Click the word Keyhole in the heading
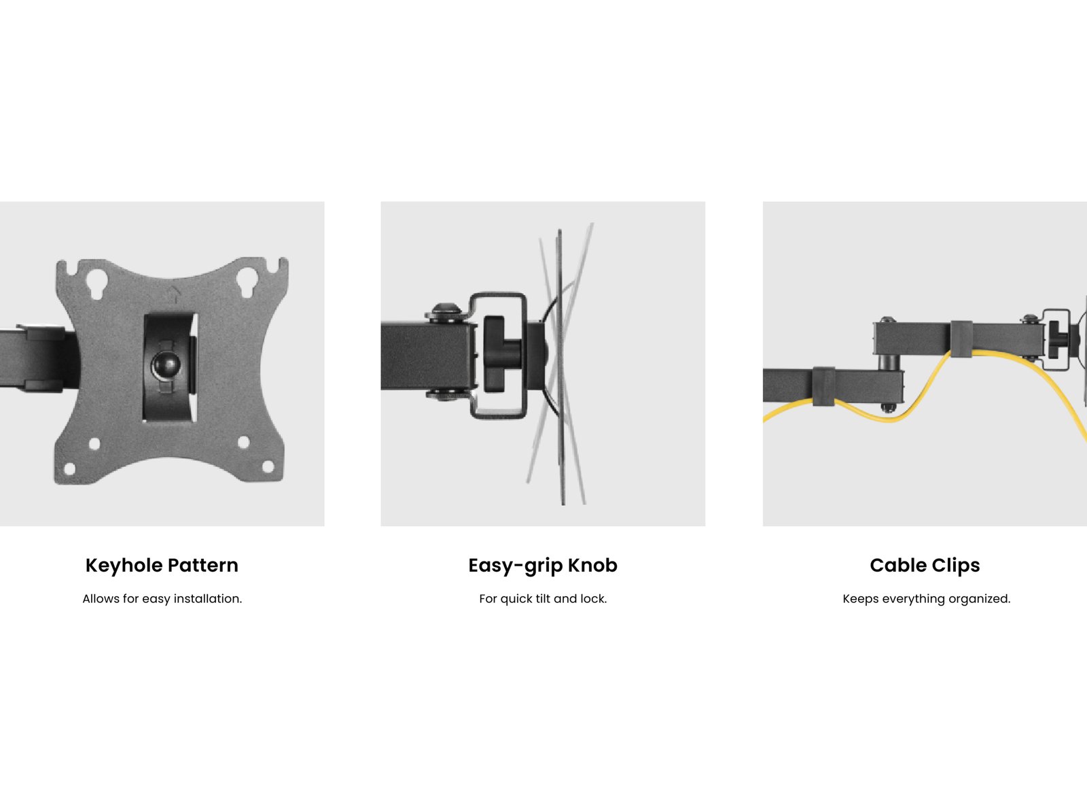[124, 566]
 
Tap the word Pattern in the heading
[203, 565]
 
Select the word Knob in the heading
[593, 565]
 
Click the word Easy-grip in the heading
[515, 566]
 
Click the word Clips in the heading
[957, 566]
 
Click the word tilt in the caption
[543, 598]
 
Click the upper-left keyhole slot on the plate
[96, 284]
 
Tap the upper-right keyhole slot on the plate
[246, 283]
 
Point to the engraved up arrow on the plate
[174, 294]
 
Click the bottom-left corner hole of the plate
[70, 468]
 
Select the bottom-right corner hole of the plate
[268, 467]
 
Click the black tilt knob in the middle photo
[501, 355]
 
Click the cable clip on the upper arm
[961, 339]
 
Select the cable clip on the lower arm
[823, 386]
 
